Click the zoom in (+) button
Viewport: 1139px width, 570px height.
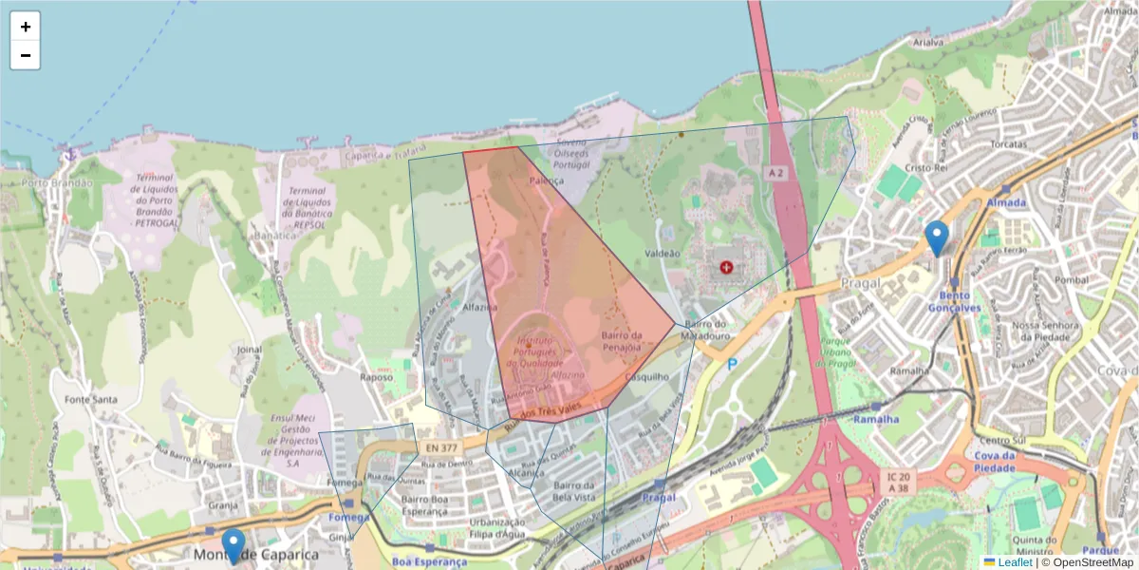pyautogui.click(x=26, y=27)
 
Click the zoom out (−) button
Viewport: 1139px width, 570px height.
pyautogui.click(x=26, y=55)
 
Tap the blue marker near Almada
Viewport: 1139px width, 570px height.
pyautogui.click(x=937, y=237)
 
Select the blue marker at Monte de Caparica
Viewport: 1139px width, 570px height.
pyautogui.click(x=233, y=545)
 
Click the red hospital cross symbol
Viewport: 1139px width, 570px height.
pyautogui.click(x=727, y=269)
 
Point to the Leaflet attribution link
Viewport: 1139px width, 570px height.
pyautogui.click(x=1015, y=562)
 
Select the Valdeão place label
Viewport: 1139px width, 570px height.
pyautogui.click(x=663, y=254)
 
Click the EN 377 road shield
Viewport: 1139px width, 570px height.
pyautogui.click(x=440, y=446)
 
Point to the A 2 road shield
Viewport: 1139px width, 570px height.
pyautogui.click(x=776, y=172)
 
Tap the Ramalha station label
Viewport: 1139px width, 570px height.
pyautogui.click(x=875, y=418)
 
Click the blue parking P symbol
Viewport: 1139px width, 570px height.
pyautogui.click(x=733, y=364)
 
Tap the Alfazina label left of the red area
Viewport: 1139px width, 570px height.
pyautogui.click(x=480, y=307)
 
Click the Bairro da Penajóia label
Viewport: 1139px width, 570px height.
pyautogui.click(x=622, y=341)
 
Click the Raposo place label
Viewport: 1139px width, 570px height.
pyautogui.click(x=377, y=376)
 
